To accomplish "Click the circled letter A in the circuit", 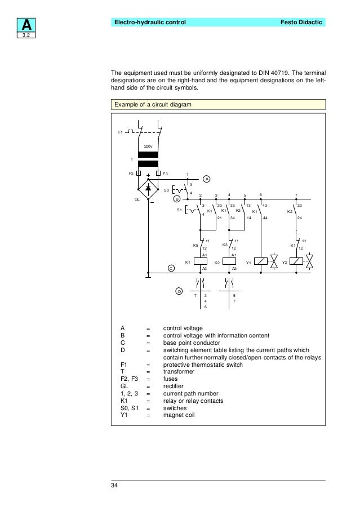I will point(207,179).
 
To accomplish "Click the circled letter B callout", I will point(176,199).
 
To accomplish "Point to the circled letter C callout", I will point(170,268).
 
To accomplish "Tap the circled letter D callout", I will point(179,291).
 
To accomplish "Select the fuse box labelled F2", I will point(139,174).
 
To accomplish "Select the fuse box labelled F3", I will point(158,174).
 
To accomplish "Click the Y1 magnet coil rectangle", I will point(261,261).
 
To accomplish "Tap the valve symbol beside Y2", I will point(309,261).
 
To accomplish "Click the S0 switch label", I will point(166,190).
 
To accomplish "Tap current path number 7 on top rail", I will point(296,194).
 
